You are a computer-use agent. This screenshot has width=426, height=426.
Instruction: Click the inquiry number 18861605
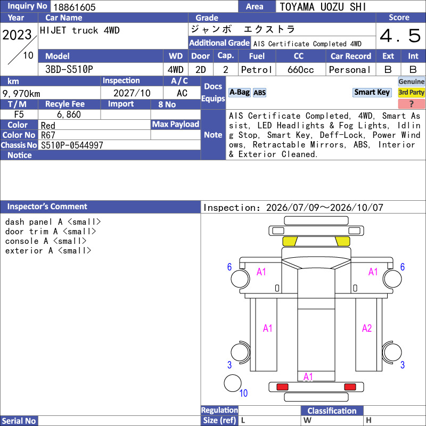coord(75,7)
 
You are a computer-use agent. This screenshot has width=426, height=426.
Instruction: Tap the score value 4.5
coord(400,36)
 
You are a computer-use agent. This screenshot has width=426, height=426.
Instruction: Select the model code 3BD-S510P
coord(69,70)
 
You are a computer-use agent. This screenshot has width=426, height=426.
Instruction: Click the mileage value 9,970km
coord(21,94)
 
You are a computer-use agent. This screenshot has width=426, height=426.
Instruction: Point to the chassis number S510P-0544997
coord(72,145)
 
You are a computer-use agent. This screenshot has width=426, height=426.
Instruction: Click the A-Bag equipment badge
coord(239,93)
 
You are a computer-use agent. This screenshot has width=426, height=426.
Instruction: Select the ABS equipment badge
coord(259,93)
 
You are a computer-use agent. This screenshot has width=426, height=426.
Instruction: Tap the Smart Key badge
coord(372,92)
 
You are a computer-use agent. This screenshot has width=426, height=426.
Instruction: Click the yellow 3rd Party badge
coord(411,93)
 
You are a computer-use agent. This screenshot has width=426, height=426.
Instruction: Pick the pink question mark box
coord(411,104)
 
